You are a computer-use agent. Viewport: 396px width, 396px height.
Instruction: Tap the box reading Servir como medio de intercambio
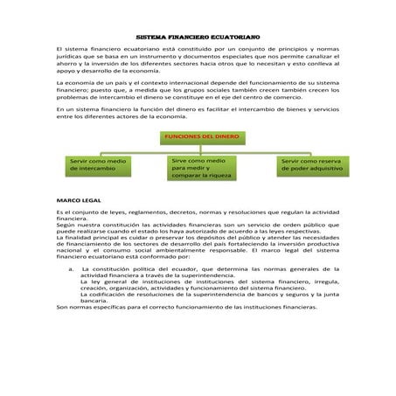(x=98, y=164)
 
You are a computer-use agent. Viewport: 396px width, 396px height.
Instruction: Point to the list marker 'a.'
(x=70, y=268)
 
